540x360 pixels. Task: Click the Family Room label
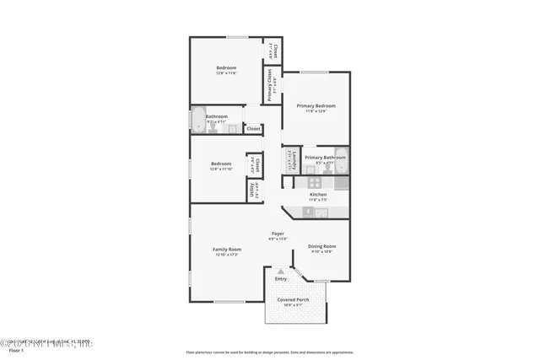point(227,249)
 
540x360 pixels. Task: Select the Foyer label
point(278,233)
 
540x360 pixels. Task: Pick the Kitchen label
point(318,194)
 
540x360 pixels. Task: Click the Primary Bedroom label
point(316,105)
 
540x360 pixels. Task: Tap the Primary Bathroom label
point(325,158)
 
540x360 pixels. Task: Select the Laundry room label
point(289,158)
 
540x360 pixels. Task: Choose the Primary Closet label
point(270,84)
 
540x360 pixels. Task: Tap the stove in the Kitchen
point(314,181)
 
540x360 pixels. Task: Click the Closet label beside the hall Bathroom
point(253,129)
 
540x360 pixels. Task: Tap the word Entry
point(281,279)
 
